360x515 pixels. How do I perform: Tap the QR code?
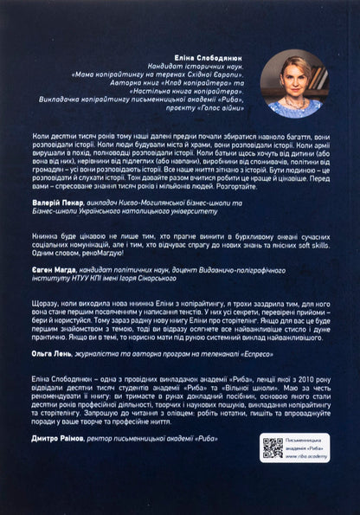(273, 447)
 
